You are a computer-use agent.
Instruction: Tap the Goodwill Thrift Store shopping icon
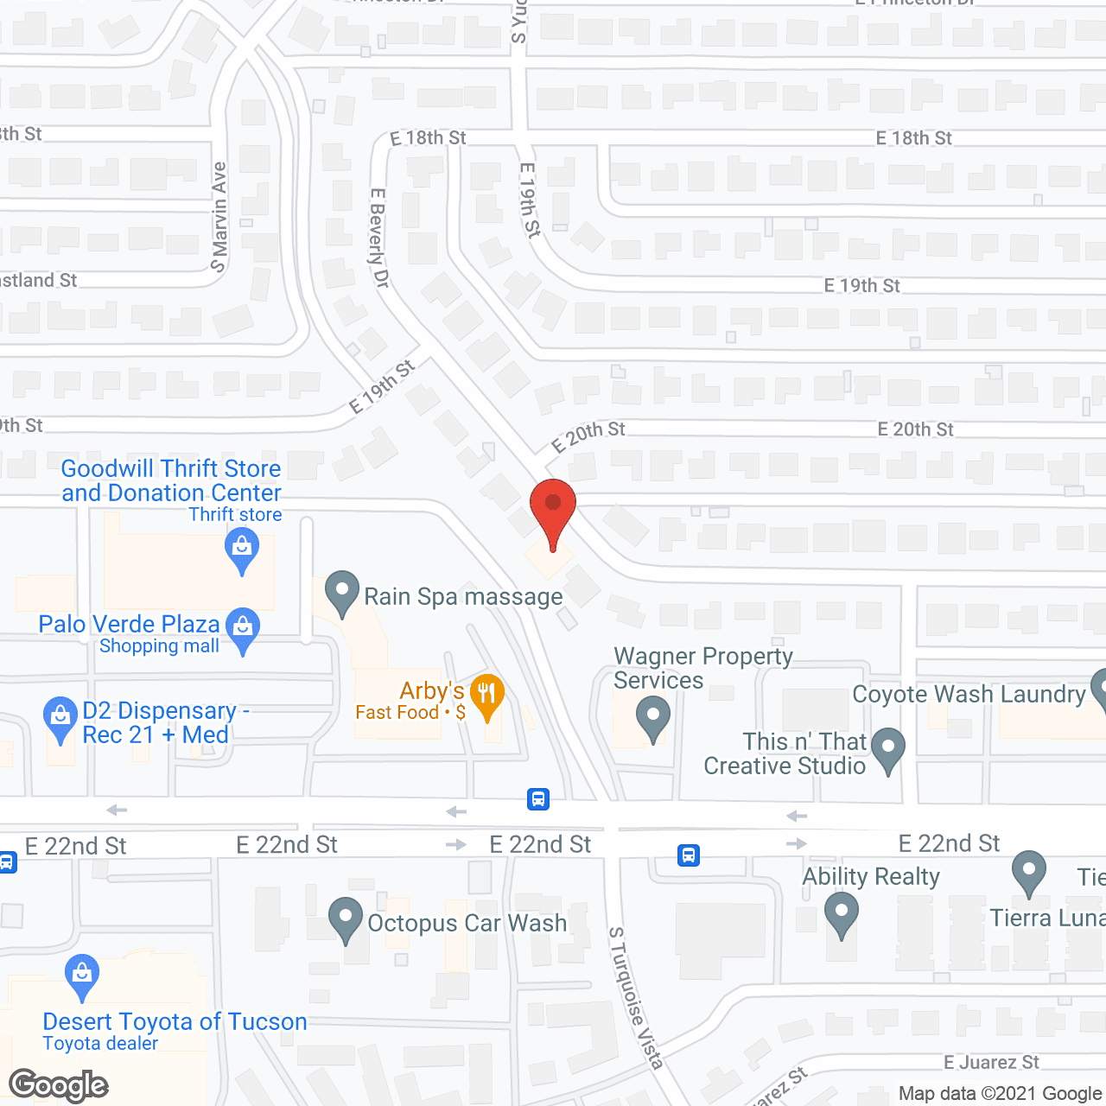242,550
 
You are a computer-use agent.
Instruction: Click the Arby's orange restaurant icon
487,695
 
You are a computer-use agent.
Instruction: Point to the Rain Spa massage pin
342,593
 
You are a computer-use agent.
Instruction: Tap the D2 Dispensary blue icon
60,718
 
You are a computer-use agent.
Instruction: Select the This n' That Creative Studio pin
888,749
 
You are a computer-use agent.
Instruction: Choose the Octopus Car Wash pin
346,919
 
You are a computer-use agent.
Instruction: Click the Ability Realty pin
841,913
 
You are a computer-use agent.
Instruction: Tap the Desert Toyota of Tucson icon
82,976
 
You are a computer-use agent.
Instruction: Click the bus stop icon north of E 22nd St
538,799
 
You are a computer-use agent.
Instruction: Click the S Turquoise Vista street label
636,998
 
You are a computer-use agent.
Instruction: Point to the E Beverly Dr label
379,238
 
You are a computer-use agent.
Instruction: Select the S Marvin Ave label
219,217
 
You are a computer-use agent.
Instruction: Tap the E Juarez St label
991,1063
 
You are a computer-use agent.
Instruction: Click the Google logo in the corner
59,1085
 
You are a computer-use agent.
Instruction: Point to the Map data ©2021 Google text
1000,1094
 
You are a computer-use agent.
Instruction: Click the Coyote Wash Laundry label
969,695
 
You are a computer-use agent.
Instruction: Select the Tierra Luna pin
1028,872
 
